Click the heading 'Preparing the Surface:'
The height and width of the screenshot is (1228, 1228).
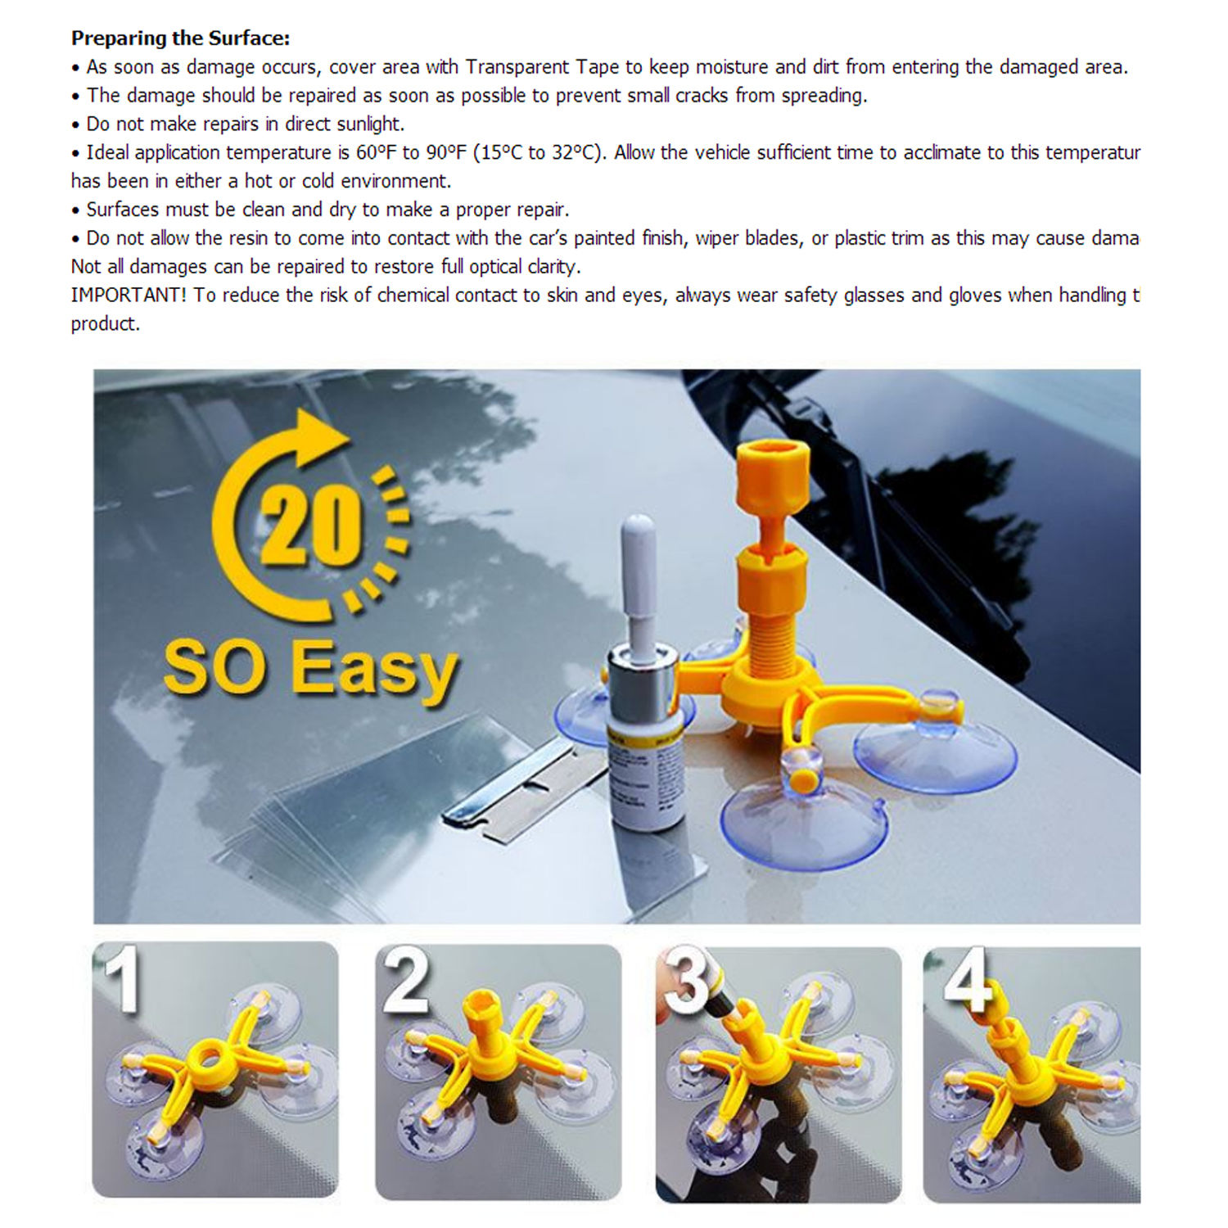pos(180,38)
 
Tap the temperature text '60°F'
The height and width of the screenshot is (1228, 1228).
pos(377,153)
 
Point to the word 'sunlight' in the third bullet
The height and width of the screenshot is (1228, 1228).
pos(369,124)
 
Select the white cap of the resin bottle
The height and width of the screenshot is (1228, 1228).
pos(638,573)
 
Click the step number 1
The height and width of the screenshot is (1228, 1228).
pos(123,978)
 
